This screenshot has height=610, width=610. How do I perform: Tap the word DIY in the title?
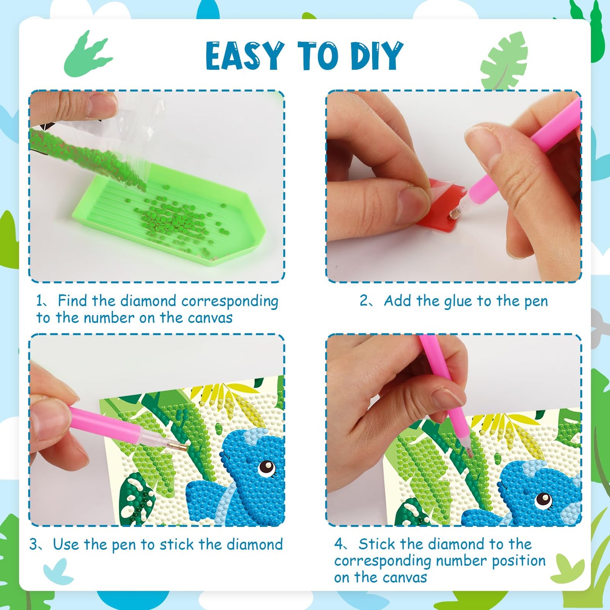pos(377,56)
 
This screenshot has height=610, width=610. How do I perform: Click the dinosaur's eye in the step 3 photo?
pos(267,466)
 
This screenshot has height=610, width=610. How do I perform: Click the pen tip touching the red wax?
pos(457,211)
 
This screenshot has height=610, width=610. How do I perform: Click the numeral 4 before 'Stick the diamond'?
pos(338,544)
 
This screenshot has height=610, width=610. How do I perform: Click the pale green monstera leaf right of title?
pos(504,61)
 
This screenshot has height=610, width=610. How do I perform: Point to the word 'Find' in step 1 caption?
pos(72,301)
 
